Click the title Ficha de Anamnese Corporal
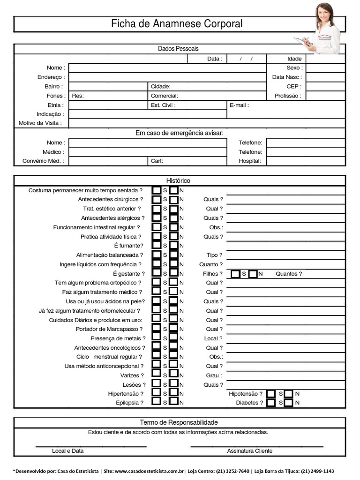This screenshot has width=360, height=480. point(177,24)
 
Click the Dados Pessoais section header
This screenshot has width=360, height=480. point(178,49)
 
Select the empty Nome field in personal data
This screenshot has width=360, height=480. point(167,68)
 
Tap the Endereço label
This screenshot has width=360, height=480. point(51,77)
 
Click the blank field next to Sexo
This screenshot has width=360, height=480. point(325,68)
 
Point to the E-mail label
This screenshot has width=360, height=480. point(240,105)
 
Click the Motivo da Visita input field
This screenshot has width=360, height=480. point(206,124)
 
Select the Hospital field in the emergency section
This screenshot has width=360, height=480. point(305,161)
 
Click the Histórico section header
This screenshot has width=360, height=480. point(178,180)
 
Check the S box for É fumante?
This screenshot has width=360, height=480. point(157,246)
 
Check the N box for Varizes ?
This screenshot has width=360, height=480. point(174,375)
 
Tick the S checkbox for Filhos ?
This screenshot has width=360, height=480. point(236,274)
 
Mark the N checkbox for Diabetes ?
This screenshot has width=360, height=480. point(288,403)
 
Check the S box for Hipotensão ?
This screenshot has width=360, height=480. point(271,394)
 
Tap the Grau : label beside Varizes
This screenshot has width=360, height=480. point(214,375)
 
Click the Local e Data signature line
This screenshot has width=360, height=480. point(91,445)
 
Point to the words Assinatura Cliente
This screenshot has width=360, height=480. point(249,451)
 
